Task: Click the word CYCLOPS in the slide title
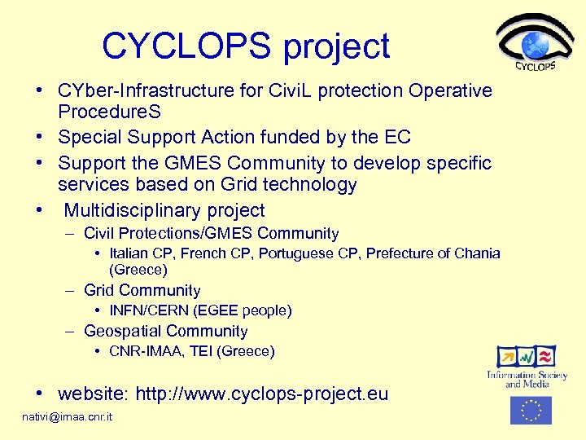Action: [x=188, y=46]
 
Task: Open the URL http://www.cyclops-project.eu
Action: [x=261, y=395]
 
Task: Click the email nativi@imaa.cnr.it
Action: [x=68, y=417]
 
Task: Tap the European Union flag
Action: [x=531, y=410]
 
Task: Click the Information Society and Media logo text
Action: [x=527, y=379]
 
